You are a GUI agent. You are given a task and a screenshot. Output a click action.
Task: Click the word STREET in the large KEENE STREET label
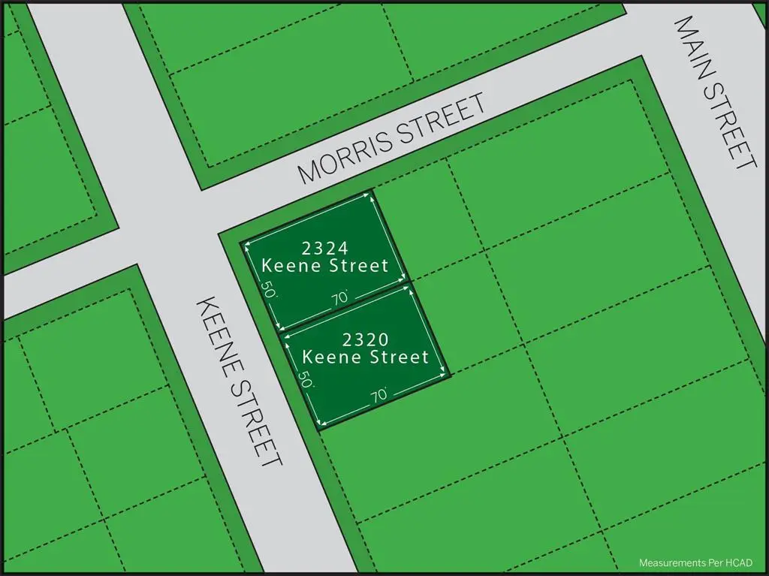pyautogui.click(x=259, y=424)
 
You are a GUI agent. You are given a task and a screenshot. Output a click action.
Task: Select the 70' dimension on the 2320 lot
pyautogui.click(x=380, y=393)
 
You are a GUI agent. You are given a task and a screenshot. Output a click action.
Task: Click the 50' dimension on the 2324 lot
pyautogui.click(x=267, y=291)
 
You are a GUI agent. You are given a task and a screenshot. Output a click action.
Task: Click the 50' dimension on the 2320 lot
pyautogui.click(x=305, y=379)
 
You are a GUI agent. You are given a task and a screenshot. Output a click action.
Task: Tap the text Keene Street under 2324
pyautogui.click(x=324, y=265)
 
